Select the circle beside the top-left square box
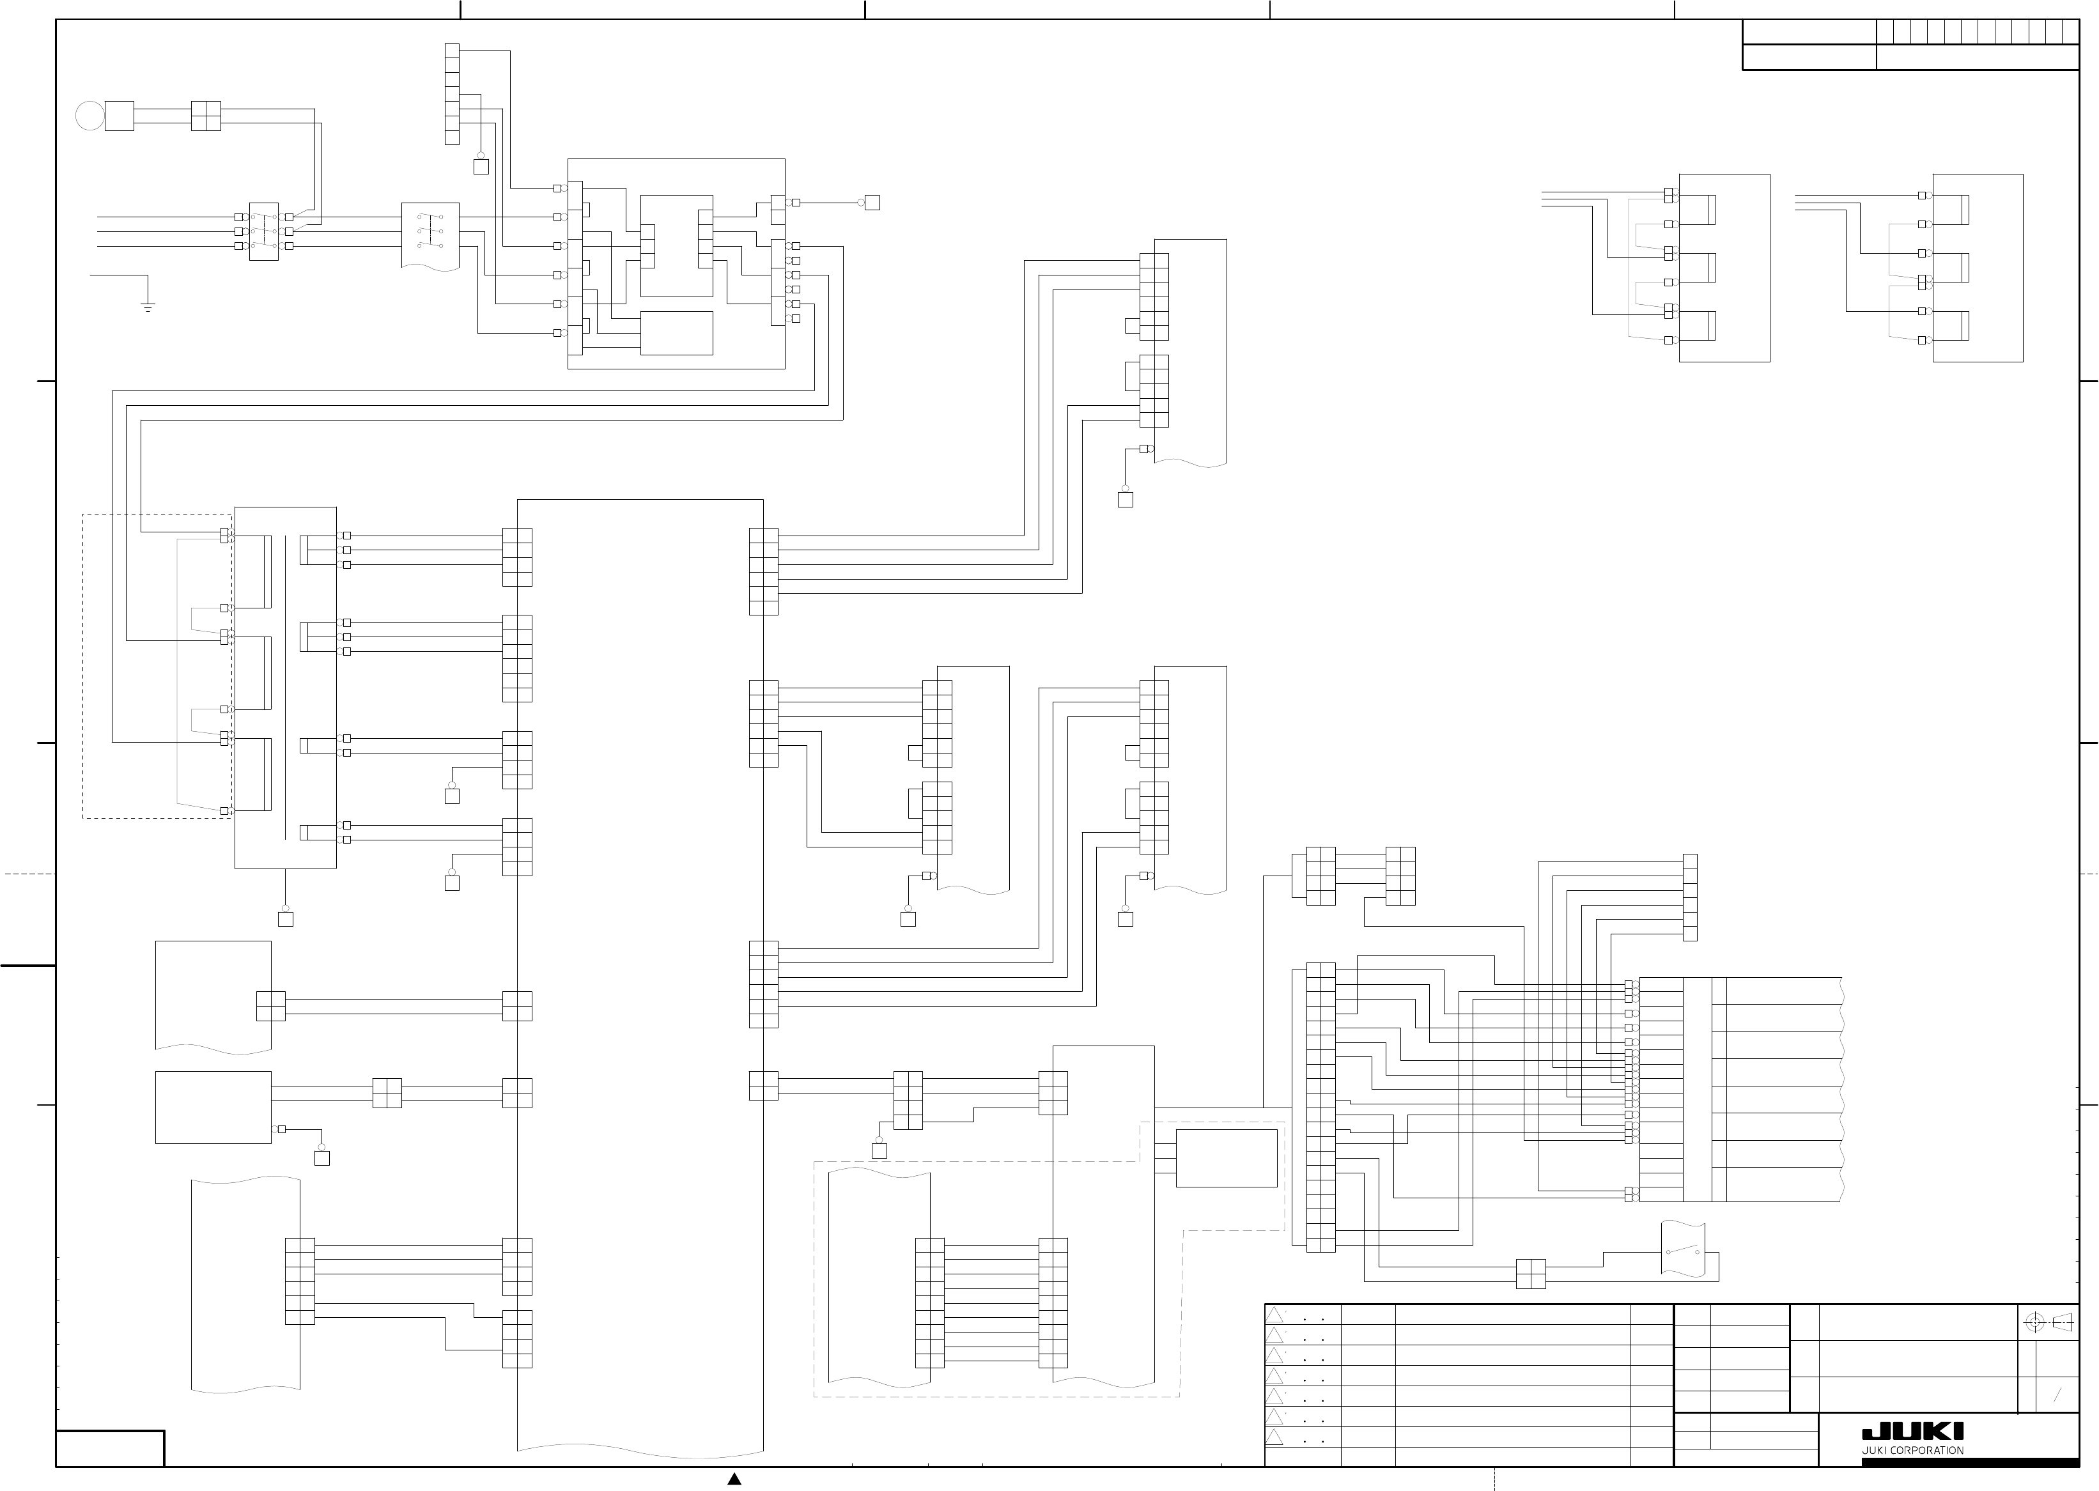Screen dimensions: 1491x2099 click(90, 116)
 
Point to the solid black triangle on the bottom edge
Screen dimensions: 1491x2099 click(734, 1478)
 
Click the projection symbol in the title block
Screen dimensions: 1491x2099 click(2050, 1323)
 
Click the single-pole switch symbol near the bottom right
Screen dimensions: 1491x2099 click(1683, 1251)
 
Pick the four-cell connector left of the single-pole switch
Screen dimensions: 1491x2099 click(1531, 1274)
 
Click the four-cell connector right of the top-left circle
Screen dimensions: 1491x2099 click(206, 116)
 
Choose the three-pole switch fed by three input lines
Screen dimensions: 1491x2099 click(263, 231)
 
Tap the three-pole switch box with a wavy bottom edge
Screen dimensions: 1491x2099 click(430, 233)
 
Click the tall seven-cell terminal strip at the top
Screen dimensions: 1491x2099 click(452, 94)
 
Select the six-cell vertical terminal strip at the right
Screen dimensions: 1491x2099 click(1689, 897)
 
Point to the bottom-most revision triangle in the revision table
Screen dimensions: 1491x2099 click(1274, 1437)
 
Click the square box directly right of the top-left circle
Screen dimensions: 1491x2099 click(120, 116)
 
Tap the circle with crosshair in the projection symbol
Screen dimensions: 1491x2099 click(2034, 1323)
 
